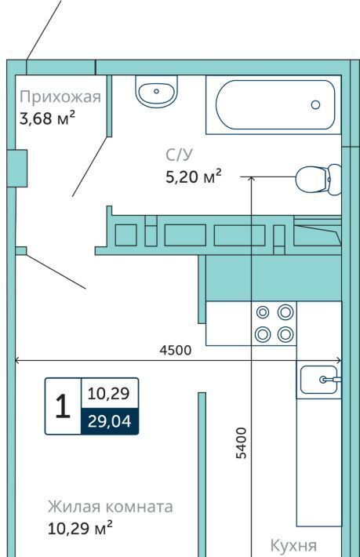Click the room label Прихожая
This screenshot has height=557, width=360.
click(x=60, y=97)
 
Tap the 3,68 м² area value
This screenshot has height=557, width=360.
click(x=47, y=118)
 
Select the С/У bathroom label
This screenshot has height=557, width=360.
click(x=179, y=155)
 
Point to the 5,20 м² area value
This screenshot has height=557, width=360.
click(x=194, y=176)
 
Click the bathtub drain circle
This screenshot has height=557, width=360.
click(x=315, y=105)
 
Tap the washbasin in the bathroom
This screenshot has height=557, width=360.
click(x=156, y=91)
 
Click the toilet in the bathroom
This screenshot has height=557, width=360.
click(x=318, y=180)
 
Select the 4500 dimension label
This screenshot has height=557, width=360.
click(x=176, y=350)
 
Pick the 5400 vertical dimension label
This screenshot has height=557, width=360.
click(x=241, y=443)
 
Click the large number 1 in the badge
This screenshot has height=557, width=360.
click(x=64, y=406)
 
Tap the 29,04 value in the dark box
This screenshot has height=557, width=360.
click(x=110, y=421)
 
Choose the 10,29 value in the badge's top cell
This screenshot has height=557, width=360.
click(x=109, y=394)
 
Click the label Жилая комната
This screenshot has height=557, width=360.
click(x=111, y=507)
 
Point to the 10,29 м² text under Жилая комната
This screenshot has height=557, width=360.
click(x=80, y=528)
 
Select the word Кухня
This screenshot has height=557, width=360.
click(x=293, y=545)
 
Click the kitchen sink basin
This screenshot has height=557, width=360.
click(x=318, y=380)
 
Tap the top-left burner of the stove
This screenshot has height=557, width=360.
click(x=263, y=312)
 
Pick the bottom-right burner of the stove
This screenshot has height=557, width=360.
click(x=285, y=334)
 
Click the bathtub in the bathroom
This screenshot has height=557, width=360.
click(x=275, y=105)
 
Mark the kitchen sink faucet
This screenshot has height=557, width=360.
click(x=330, y=380)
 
